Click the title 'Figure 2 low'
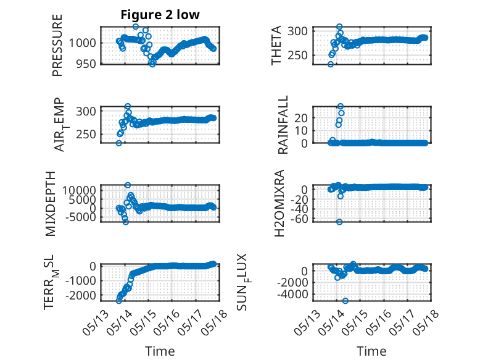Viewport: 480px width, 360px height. [x=160, y=15]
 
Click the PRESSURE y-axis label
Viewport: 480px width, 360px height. [x=57, y=45]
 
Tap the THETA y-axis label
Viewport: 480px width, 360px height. [x=276, y=45]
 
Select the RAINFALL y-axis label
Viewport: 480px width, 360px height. [x=283, y=125]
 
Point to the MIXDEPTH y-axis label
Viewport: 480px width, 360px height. [x=50, y=204]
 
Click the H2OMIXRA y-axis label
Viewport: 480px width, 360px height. [x=279, y=203]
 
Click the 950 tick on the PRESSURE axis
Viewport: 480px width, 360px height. [x=86, y=64]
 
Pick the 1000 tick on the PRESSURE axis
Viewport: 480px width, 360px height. [x=82, y=43]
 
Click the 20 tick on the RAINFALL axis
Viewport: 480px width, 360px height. [x=301, y=118]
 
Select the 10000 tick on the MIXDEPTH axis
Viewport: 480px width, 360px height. [x=80, y=190]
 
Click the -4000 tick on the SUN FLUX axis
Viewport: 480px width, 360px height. [x=292, y=295]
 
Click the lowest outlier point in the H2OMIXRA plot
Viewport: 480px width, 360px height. [x=339, y=222]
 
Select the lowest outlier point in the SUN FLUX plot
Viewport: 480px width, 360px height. [x=346, y=301]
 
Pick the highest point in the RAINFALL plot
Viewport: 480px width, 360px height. [x=341, y=106]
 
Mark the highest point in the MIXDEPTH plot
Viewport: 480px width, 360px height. [x=128, y=185]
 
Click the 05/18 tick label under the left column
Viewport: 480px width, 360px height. [x=214, y=322]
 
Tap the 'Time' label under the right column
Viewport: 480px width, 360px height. [x=371, y=351]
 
